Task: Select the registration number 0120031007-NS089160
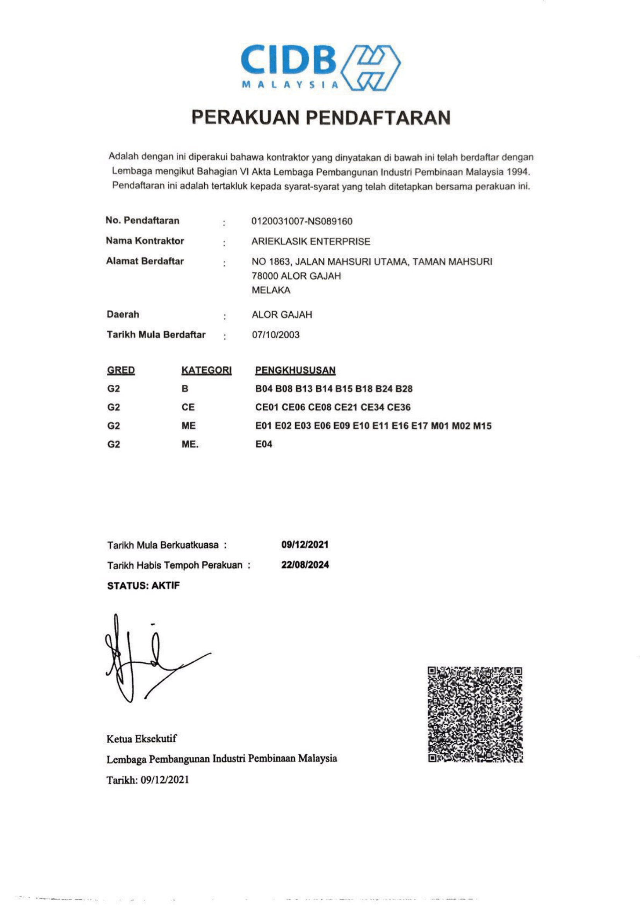click(302, 221)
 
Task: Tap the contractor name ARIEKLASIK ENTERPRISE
click(311, 241)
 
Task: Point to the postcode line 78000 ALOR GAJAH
click(296, 276)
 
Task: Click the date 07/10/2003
click(276, 335)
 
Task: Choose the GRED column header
click(121, 370)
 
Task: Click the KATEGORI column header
click(207, 370)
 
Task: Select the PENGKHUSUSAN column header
click(296, 370)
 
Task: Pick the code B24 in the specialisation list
click(384, 389)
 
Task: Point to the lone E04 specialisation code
click(264, 444)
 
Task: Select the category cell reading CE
click(188, 407)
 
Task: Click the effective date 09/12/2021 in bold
click(305, 544)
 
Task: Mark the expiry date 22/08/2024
click(305, 565)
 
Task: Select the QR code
click(475, 715)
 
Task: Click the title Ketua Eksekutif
click(142, 739)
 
